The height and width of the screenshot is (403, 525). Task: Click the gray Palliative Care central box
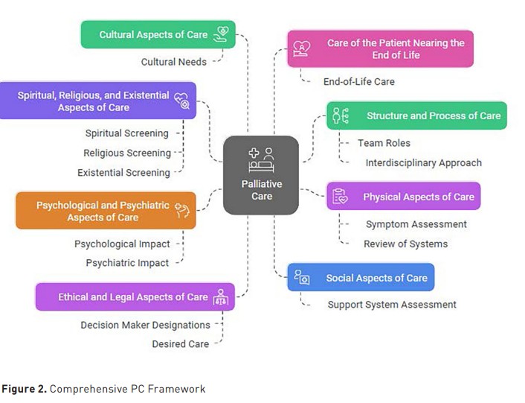click(x=261, y=175)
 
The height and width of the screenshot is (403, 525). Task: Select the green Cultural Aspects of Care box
click(x=158, y=34)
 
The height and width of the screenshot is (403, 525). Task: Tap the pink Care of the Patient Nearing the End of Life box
click(x=380, y=48)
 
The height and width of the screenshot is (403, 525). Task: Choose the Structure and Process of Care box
click(x=416, y=115)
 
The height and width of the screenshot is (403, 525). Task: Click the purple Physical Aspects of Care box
click(x=403, y=197)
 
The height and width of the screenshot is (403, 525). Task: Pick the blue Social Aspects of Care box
click(x=361, y=278)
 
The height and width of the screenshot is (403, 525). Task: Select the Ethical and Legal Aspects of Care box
click(x=135, y=296)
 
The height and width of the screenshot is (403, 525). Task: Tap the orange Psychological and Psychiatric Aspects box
click(x=106, y=211)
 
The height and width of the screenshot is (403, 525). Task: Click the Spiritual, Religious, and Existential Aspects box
click(x=97, y=101)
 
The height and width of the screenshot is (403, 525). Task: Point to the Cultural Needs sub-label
click(x=174, y=62)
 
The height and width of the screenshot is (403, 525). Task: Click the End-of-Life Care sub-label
click(x=358, y=81)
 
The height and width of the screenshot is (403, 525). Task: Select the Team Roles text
click(x=384, y=143)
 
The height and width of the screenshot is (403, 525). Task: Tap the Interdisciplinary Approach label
click(x=423, y=162)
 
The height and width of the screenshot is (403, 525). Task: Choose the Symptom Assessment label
click(x=416, y=224)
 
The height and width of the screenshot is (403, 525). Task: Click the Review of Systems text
click(x=405, y=244)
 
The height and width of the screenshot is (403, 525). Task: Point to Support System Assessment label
click(x=392, y=305)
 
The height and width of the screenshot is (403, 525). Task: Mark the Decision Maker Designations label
click(x=146, y=325)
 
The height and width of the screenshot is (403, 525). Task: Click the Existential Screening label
click(x=123, y=173)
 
